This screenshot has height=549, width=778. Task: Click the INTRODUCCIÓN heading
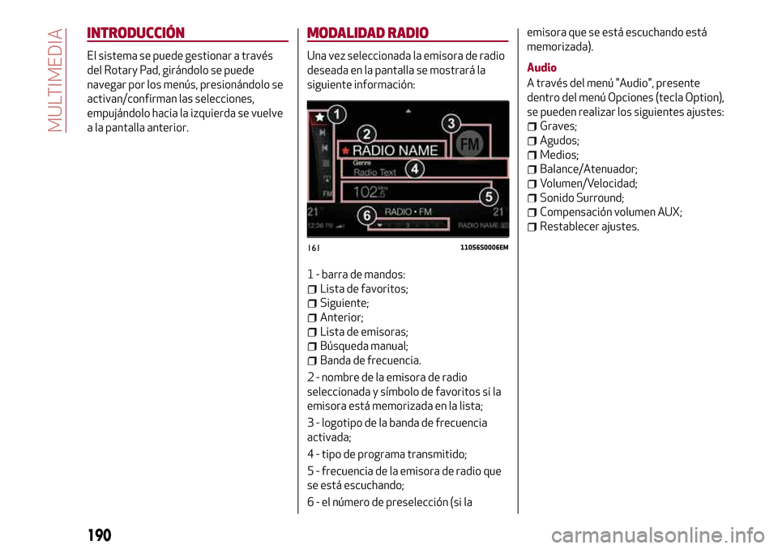tap(136, 33)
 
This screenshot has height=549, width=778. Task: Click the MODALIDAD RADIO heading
tap(368, 33)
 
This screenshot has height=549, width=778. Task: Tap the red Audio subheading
tap(541, 67)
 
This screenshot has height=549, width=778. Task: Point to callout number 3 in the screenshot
tap(451, 124)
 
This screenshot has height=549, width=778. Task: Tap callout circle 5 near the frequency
tap(488, 197)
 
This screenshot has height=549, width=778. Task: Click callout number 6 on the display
tap(367, 215)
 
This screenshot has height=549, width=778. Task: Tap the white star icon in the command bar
tap(320, 117)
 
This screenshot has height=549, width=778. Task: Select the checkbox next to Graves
tap(532, 127)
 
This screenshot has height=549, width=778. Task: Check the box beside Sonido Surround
tap(532, 198)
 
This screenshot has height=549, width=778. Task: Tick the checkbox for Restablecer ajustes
tap(532, 227)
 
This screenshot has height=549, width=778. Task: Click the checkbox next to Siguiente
tap(313, 304)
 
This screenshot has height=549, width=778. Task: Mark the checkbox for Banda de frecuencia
tap(313, 361)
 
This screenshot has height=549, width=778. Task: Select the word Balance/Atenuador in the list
tap(588, 169)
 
